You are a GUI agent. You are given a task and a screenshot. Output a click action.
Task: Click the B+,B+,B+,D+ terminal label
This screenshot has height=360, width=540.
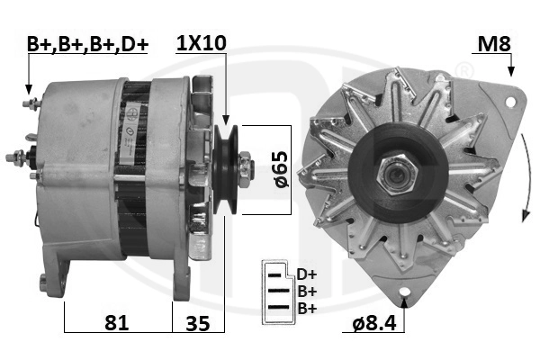pyautogui.click(x=87, y=44)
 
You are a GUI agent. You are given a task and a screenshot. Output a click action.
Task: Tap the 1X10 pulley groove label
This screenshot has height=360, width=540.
pyautogui.click(x=201, y=43)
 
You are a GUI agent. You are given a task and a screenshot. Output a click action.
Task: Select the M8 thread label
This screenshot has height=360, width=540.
pyautogui.click(x=494, y=44)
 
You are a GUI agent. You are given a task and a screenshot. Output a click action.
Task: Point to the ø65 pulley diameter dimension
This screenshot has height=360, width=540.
pyautogui.click(x=282, y=169)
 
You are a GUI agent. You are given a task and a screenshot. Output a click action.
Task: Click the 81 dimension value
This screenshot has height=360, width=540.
pyautogui.click(x=117, y=323)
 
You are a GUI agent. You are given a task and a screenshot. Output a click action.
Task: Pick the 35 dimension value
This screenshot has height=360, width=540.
pyautogui.click(x=198, y=323)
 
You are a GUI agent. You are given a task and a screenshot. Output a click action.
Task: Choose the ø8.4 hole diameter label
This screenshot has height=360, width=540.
pyautogui.click(x=374, y=323)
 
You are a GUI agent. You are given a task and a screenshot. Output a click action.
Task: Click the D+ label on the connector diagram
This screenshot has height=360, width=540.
pyautogui.click(x=307, y=274)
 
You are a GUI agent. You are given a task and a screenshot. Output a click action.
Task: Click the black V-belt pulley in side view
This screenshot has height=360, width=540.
pyautogui.click(x=226, y=169)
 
